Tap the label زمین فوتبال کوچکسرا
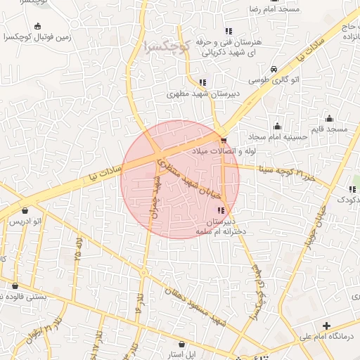point(37,37)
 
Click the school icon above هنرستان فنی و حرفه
point(228,31)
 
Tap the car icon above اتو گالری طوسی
point(273,69)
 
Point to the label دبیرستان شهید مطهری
point(203,93)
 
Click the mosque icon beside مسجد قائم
point(329,118)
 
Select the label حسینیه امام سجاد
point(280,137)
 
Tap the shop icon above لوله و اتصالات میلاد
point(224,140)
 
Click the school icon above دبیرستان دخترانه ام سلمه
point(221,210)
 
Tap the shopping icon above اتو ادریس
point(26,210)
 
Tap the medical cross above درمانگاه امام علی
point(326,326)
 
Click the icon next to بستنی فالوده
point(15,286)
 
